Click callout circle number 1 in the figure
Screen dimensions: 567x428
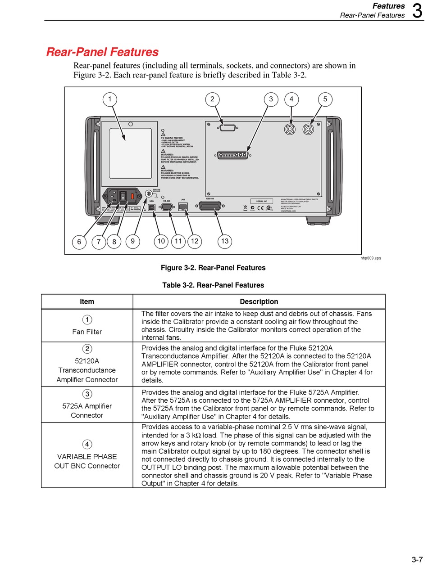click(109, 99)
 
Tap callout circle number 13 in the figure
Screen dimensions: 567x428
click(224, 241)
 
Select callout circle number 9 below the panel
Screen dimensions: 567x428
click(132, 241)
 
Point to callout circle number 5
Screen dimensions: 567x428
click(325, 99)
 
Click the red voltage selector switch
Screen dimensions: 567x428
click(132, 196)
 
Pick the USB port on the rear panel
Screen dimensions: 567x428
click(152, 207)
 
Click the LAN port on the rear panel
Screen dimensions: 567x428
click(183, 207)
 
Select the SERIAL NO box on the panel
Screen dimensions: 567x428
click(261, 201)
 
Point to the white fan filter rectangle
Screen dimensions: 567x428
click(131, 153)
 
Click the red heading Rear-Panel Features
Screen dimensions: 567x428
click(102, 52)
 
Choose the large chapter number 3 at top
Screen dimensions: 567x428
click(417, 11)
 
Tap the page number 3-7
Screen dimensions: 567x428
click(417, 559)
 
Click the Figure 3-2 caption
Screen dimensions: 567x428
click(213, 268)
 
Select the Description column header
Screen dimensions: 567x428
click(259, 301)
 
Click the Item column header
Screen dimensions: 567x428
click(87, 301)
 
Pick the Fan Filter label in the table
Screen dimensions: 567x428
click(87, 332)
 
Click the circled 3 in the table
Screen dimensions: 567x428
click(87, 394)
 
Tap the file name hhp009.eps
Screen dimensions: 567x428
click(370, 258)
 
